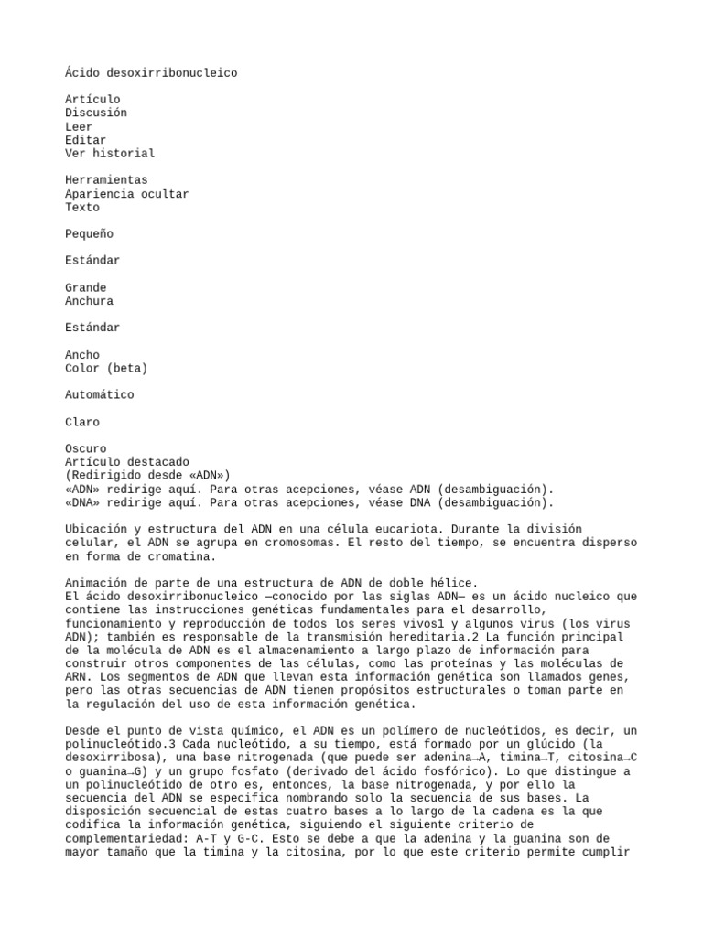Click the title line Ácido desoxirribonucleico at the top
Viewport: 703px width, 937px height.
pyautogui.click(x=151, y=72)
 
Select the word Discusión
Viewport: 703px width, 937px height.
pyautogui.click(x=96, y=113)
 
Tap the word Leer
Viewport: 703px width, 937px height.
pyautogui.click(x=79, y=126)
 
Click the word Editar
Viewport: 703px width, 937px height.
pyautogui.click(x=85, y=140)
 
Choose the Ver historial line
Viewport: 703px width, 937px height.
pyautogui.click(x=110, y=154)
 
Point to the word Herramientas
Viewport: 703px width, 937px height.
pyautogui.click(x=106, y=180)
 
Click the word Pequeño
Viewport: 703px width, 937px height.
pyautogui.click(x=89, y=234)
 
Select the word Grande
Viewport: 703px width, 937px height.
pyautogui.click(x=85, y=287)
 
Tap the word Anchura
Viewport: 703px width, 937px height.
pyautogui.click(x=89, y=301)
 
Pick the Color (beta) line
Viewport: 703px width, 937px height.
pyautogui.click(x=106, y=368)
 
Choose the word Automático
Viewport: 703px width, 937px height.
pyautogui.click(x=99, y=395)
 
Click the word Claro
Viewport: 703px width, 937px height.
pyautogui.click(x=82, y=422)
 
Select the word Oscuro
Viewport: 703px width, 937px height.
pyautogui.click(x=85, y=448)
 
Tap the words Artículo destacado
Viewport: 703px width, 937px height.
pyautogui.click(x=127, y=462)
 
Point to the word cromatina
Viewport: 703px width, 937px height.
pyautogui.click(x=182, y=555)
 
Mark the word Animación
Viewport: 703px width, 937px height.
pyautogui.click(x=96, y=583)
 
